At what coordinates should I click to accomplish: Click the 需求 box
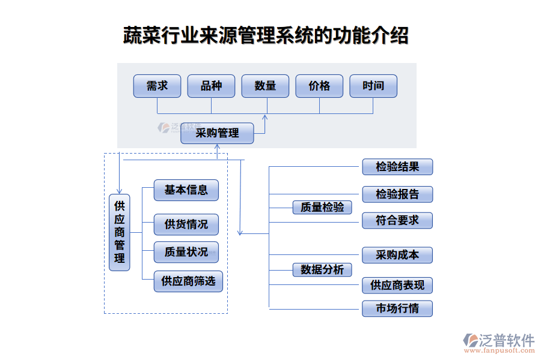point(157,86)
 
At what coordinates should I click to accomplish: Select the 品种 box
point(211,86)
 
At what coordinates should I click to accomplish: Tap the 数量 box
point(265,86)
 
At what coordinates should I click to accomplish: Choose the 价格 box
point(319,86)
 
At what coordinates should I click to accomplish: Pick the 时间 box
point(373,86)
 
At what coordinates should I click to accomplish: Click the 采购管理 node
point(217,133)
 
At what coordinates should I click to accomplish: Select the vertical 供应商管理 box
point(120,232)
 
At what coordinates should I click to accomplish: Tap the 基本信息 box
point(186,190)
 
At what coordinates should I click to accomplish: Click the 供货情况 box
point(186,224)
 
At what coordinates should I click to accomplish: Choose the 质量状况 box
point(186,252)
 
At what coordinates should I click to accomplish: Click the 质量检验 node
point(322,207)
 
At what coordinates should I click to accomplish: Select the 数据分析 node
point(322,269)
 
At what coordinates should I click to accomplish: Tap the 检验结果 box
point(397,167)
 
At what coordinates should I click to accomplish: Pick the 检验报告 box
point(397,194)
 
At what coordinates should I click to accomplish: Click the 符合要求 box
point(397,220)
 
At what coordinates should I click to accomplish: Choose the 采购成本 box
point(397,255)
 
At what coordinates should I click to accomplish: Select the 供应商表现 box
point(397,285)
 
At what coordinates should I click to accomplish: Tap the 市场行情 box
point(397,309)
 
